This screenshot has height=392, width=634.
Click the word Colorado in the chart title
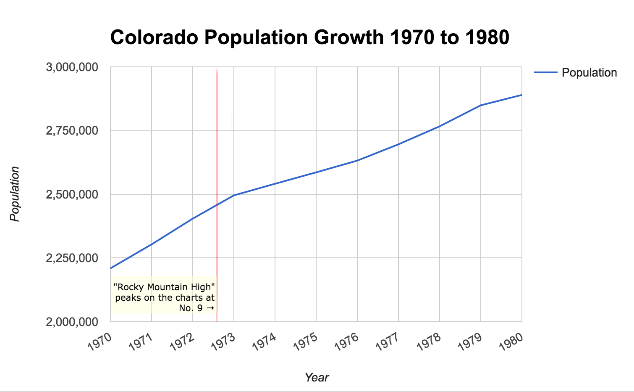(154, 37)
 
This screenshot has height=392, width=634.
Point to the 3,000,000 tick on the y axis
(72, 67)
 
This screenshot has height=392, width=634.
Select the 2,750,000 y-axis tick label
(72, 131)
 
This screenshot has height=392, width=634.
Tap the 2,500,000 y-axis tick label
(72, 195)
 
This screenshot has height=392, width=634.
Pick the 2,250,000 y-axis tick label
(72, 258)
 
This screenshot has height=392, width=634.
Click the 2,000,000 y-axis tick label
(72, 322)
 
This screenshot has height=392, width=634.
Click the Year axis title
(317, 377)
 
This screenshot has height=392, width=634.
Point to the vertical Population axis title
(15, 194)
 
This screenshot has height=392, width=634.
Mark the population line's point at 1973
(234, 195)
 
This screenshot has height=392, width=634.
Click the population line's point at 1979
(481, 105)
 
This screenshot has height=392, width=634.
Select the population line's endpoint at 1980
(521, 95)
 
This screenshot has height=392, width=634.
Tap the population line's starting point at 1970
(111, 268)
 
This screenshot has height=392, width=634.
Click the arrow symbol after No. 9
(210, 308)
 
